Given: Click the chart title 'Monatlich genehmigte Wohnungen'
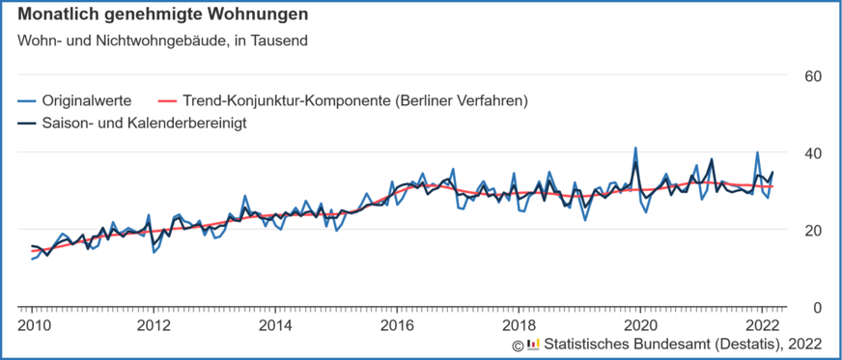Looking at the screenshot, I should (163, 15).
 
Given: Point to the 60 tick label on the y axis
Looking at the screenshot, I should (813, 75).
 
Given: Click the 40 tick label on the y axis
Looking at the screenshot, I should (813, 152).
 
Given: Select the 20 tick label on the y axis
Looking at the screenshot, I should (813, 230).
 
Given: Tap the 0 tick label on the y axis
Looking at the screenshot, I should (817, 307).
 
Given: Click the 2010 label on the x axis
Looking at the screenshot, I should (32, 323).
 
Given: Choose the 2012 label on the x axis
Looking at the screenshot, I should (154, 323).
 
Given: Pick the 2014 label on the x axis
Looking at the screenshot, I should (275, 323).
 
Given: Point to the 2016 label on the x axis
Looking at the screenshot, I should (398, 323).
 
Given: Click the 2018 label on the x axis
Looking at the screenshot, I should (519, 323).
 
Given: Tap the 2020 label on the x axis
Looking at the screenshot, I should (641, 323).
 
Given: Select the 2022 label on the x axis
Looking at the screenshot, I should (763, 323).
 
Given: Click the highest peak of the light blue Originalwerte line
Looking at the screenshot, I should (635, 149).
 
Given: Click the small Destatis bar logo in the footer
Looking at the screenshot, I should (533, 345).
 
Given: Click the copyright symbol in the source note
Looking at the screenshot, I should (518, 345).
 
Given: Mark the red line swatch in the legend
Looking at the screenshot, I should (168, 99).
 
